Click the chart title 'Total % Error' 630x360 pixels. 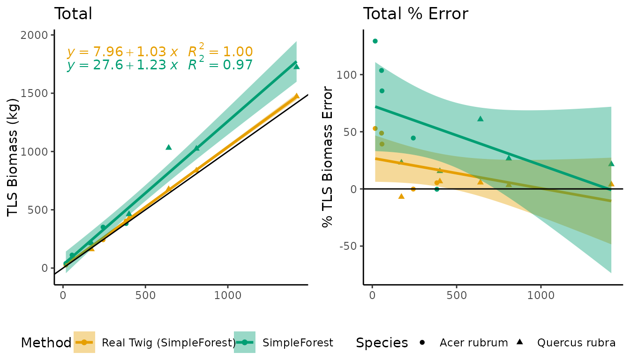pos(415,14)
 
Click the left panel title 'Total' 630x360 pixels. pos(73,14)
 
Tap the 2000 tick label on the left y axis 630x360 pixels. pos(35,36)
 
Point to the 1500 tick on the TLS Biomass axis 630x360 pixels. pos(35,93)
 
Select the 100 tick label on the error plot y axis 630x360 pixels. pos(347,75)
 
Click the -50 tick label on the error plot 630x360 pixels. pos(347,247)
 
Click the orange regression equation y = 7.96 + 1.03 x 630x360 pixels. pos(122,52)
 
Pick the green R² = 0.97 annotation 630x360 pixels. pos(220,65)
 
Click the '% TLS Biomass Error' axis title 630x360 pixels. pos(328,157)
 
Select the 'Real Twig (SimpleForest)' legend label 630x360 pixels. pos(169,343)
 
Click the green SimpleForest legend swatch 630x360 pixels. pos(245,343)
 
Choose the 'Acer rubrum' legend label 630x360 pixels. pos(473,343)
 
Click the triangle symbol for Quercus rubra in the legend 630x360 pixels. pos(520,342)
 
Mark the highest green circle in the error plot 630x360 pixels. pos(375,41)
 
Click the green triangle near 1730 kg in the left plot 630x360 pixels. pos(296,67)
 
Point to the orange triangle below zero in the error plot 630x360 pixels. pos(401,196)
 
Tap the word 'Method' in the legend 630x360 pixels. pos(46,343)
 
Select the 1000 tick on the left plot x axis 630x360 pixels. pos(227,296)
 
